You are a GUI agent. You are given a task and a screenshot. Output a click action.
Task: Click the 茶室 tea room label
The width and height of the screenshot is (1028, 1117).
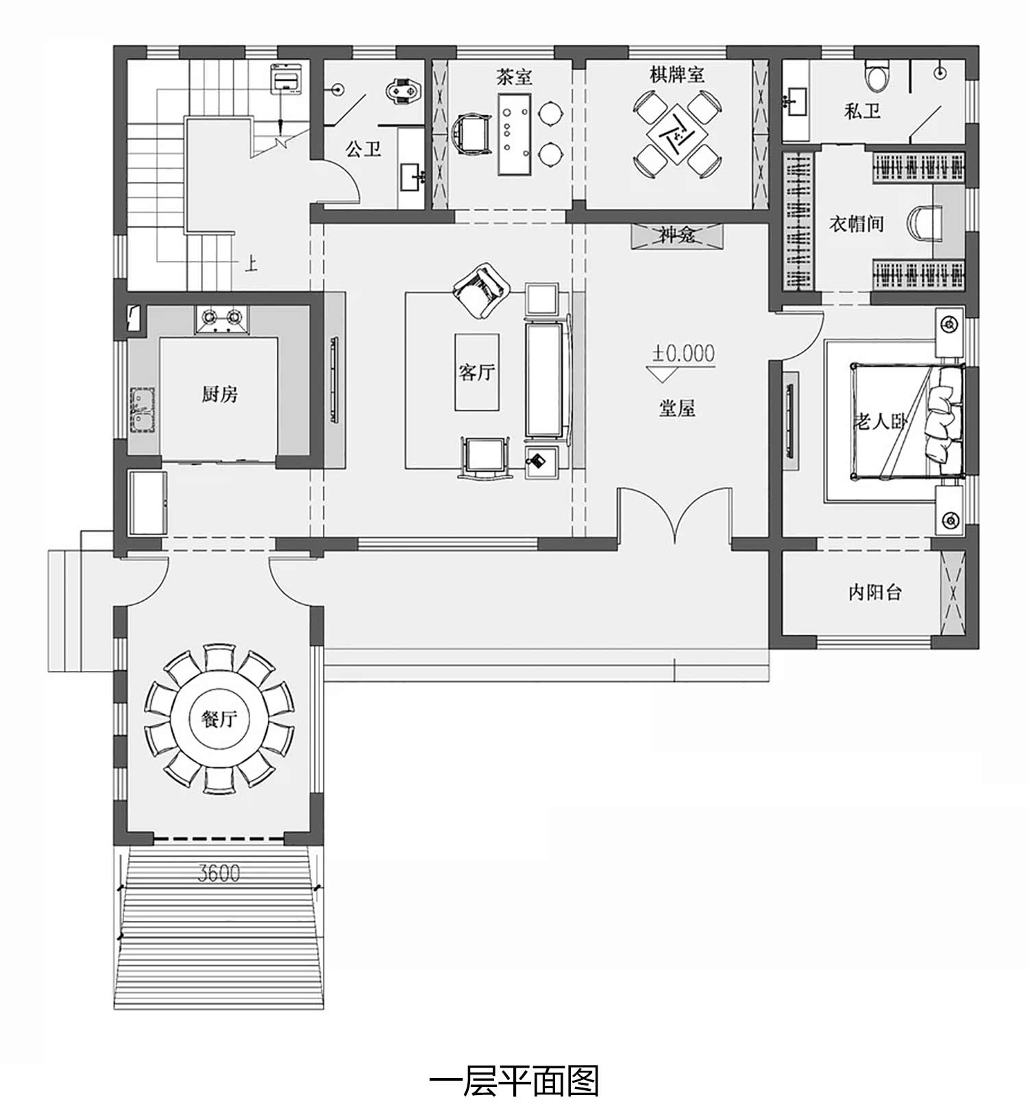click(x=514, y=77)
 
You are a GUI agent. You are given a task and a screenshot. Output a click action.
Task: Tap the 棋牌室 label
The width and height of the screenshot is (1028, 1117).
click(x=677, y=75)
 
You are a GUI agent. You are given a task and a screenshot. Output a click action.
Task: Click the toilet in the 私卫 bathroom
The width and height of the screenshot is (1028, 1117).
click(x=877, y=76)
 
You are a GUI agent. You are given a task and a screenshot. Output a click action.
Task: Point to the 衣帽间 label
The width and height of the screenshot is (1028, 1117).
click(x=857, y=224)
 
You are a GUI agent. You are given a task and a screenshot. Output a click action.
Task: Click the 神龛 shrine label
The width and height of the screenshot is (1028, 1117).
click(x=677, y=235)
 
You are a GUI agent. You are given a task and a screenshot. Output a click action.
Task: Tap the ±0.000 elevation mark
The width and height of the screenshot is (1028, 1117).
click(x=683, y=354)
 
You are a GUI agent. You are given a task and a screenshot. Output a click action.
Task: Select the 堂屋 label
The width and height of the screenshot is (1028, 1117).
click(x=677, y=408)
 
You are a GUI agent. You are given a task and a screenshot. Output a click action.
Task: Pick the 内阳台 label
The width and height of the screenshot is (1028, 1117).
click(x=875, y=592)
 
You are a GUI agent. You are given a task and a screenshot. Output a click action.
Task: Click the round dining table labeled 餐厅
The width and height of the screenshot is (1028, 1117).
click(x=219, y=719)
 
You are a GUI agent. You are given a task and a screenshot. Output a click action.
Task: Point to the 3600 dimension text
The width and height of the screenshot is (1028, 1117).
click(x=219, y=874)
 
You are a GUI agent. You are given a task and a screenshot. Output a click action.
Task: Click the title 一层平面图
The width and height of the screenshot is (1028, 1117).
click(x=514, y=1081)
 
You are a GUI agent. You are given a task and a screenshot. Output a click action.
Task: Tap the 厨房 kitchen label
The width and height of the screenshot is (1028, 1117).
click(x=219, y=395)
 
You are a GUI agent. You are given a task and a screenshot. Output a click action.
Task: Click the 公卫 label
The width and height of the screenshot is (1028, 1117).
click(x=363, y=149)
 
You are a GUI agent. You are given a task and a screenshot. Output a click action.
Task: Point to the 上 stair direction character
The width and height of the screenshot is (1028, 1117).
click(x=251, y=264)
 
